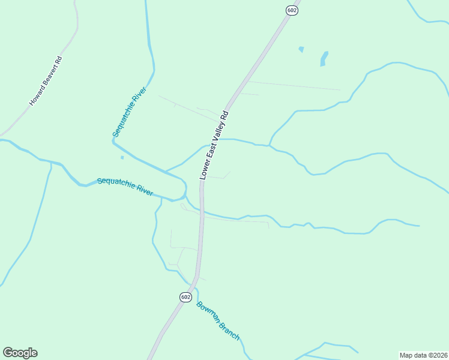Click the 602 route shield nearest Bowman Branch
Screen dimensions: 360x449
coord(185,297)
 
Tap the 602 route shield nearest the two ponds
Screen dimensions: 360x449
coord(292,10)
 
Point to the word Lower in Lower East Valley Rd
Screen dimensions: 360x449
coord(203,170)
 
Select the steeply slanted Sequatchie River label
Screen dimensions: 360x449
coord(130,112)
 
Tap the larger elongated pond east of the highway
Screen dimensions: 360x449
coord(324,58)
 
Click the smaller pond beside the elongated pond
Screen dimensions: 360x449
coord(301,49)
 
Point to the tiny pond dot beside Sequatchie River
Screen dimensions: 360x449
coord(122,158)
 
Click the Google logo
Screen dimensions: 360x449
coord(20,353)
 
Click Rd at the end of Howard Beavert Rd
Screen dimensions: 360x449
coord(59,61)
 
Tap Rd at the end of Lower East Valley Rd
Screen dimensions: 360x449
coord(225,114)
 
